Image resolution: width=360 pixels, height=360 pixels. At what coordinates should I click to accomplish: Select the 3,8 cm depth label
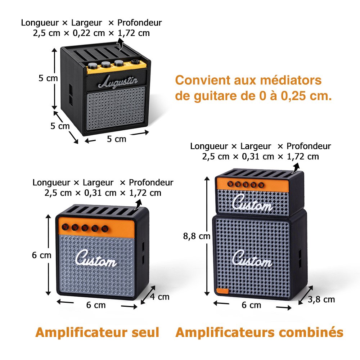321,299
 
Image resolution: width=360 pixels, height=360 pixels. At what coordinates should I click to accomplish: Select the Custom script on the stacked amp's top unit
252,204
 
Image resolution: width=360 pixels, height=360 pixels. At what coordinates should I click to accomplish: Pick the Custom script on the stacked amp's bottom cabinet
252,258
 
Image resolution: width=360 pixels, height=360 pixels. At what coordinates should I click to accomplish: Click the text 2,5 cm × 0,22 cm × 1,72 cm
91,33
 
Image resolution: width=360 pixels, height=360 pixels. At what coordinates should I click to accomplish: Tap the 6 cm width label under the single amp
96,305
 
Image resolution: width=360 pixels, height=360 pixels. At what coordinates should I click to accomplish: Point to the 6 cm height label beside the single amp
41,255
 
